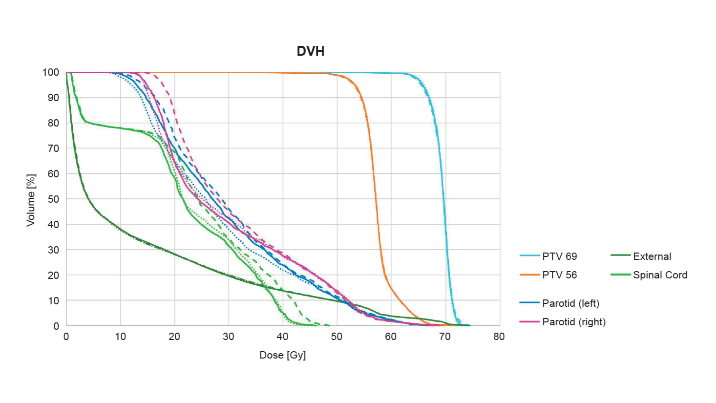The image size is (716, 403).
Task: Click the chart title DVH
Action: [311, 51]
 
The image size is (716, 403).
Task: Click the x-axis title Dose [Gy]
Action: [282, 355]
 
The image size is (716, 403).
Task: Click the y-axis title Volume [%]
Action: [31, 200]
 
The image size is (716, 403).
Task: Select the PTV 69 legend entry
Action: [559, 256]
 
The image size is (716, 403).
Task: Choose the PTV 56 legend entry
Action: [559, 275]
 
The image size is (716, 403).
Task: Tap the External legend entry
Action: [652, 256]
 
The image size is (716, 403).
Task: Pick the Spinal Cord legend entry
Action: [660, 275]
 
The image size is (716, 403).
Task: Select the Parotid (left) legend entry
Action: [570, 303]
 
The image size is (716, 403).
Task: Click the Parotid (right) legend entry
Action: [573, 322]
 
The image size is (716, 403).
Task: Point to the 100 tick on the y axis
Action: [51, 72]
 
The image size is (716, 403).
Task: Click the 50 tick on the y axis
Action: [53, 199]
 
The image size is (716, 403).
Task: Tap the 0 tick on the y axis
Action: [56, 326]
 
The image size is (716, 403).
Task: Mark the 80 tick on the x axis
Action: [499, 337]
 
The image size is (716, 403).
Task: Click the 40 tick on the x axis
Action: [282, 337]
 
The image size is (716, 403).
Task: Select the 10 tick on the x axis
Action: [120, 337]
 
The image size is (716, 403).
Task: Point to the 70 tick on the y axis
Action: [53, 148]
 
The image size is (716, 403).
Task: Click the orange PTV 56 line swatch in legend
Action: [529, 275]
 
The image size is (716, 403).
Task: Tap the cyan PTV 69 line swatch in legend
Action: [529, 256]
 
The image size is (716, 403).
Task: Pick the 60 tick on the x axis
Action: [391, 337]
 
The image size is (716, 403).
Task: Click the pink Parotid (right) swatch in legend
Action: [529, 322]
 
